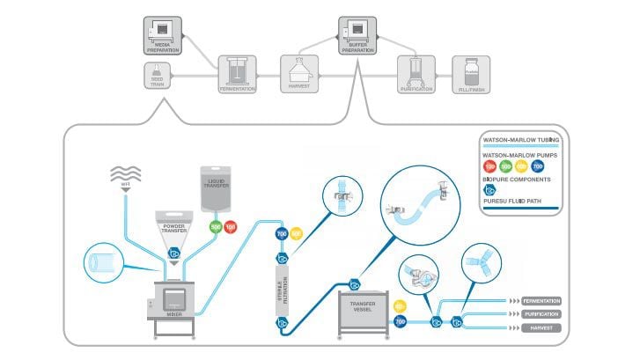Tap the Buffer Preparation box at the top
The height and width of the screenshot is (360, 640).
tap(357, 35)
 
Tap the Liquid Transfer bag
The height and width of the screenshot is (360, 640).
tap(219, 188)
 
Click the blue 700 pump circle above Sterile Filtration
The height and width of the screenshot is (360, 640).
tap(283, 234)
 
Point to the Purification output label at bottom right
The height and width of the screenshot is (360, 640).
tap(541, 313)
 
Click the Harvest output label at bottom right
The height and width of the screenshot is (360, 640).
tap(541, 327)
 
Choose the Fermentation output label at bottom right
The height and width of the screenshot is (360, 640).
tap(541, 301)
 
